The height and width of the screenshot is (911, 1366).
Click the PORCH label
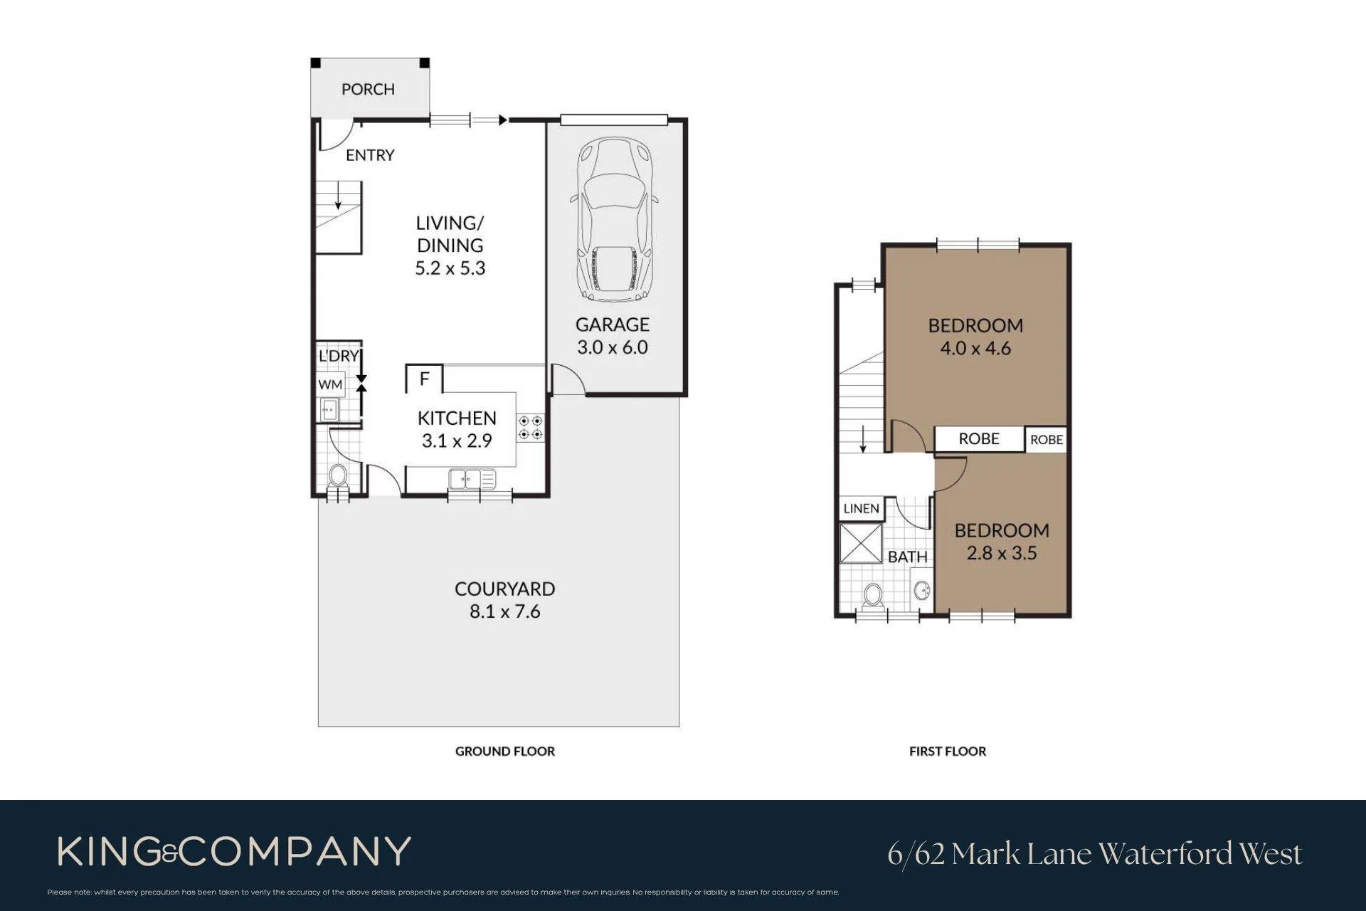[368, 89]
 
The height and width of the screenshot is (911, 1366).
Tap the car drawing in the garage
[613, 219]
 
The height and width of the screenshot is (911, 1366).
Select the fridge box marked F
[424, 379]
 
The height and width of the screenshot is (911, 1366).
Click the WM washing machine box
[331, 384]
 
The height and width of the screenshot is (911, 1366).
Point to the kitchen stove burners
[530, 426]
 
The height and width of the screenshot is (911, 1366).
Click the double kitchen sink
[472, 480]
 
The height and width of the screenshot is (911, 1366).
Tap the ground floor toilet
[338, 477]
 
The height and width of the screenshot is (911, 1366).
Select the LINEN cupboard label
[861, 508]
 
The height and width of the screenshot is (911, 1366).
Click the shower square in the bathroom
[861, 544]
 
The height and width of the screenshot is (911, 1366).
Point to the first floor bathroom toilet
[873, 596]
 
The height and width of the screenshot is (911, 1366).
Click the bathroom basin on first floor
[922, 591]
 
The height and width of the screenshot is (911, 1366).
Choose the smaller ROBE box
[1046, 439]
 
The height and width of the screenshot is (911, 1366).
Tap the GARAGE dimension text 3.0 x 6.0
[613, 347]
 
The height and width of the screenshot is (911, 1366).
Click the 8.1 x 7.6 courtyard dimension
[505, 611]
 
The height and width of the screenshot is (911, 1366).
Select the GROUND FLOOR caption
[505, 751]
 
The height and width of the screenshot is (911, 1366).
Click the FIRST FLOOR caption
[948, 751]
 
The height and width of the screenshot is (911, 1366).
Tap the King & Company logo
[235, 851]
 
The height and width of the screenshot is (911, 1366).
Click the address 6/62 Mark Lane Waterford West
[1095, 853]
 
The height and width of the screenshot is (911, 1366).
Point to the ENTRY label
[370, 155]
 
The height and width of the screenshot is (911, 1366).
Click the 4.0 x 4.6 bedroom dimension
[975, 348]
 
